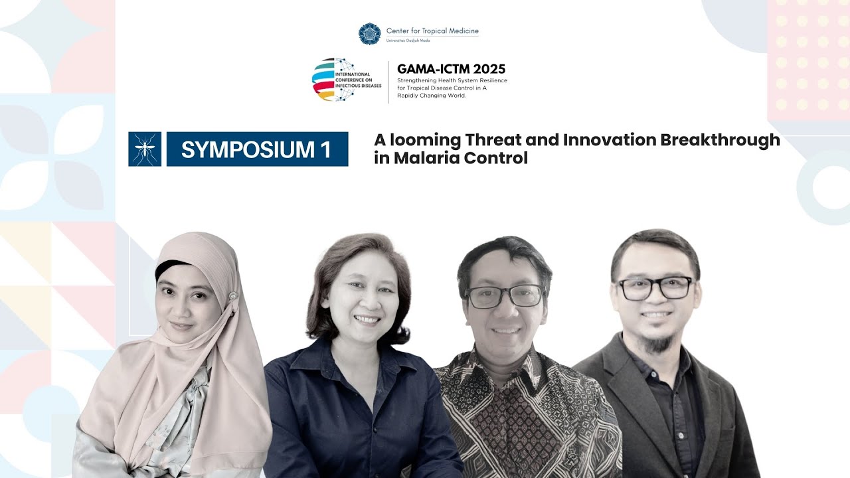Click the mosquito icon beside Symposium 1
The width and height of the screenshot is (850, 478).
pyautogui.click(x=145, y=149)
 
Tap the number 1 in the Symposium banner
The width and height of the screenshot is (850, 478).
pyautogui.click(x=325, y=149)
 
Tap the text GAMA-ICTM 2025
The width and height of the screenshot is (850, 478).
pyautogui.click(x=451, y=69)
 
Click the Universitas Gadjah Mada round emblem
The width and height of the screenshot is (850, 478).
pyautogui.click(x=369, y=33)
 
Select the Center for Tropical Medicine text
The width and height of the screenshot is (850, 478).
pyautogui.click(x=432, y=31)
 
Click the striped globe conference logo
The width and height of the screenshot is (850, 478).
pyautogui.click(x=334, y=79)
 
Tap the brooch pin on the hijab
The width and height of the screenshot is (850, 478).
pyautogui.click(x=233, y=295)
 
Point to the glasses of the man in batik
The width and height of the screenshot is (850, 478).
pyautogui.click(x=504, y=297)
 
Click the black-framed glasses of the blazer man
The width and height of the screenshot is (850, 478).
pyautogui.click(x=655, y=288)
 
